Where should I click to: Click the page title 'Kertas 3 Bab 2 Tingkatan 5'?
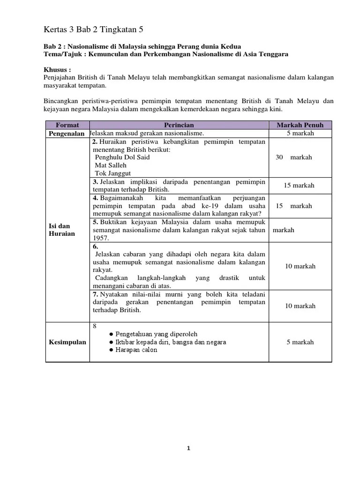tap(93, 30)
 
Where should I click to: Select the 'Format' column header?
tap(67, 125)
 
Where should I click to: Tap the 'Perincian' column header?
tap(179, 125)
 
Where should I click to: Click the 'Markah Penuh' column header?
tap(300, 125)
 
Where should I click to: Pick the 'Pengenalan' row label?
tap(67, 134)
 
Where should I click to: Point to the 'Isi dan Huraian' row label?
tap(62, 230)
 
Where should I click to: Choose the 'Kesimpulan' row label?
tap(67, 342)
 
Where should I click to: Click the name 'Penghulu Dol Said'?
tap(122, 157)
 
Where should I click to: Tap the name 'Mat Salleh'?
tap(111, 165)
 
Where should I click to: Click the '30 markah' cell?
tap(294, 157)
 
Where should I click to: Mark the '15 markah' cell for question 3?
tap(300, 185)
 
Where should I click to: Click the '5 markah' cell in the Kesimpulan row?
tap(300, 342)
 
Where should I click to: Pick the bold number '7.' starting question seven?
tap(95, 294)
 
